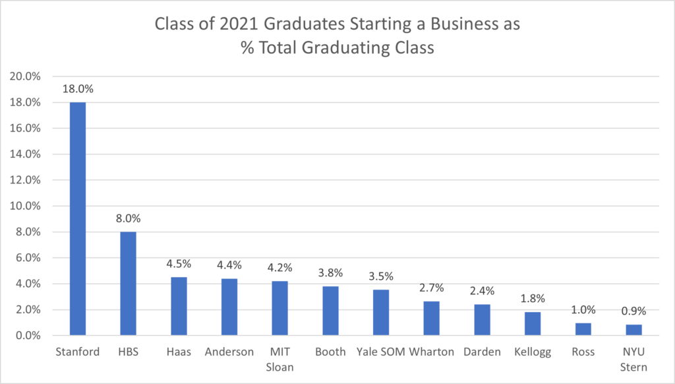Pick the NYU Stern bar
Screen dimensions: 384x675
pos(633,330)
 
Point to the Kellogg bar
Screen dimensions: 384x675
pos(533,323)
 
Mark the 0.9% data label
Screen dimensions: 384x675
pos(633,311)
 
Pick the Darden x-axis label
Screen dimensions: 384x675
pos(481,352)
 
